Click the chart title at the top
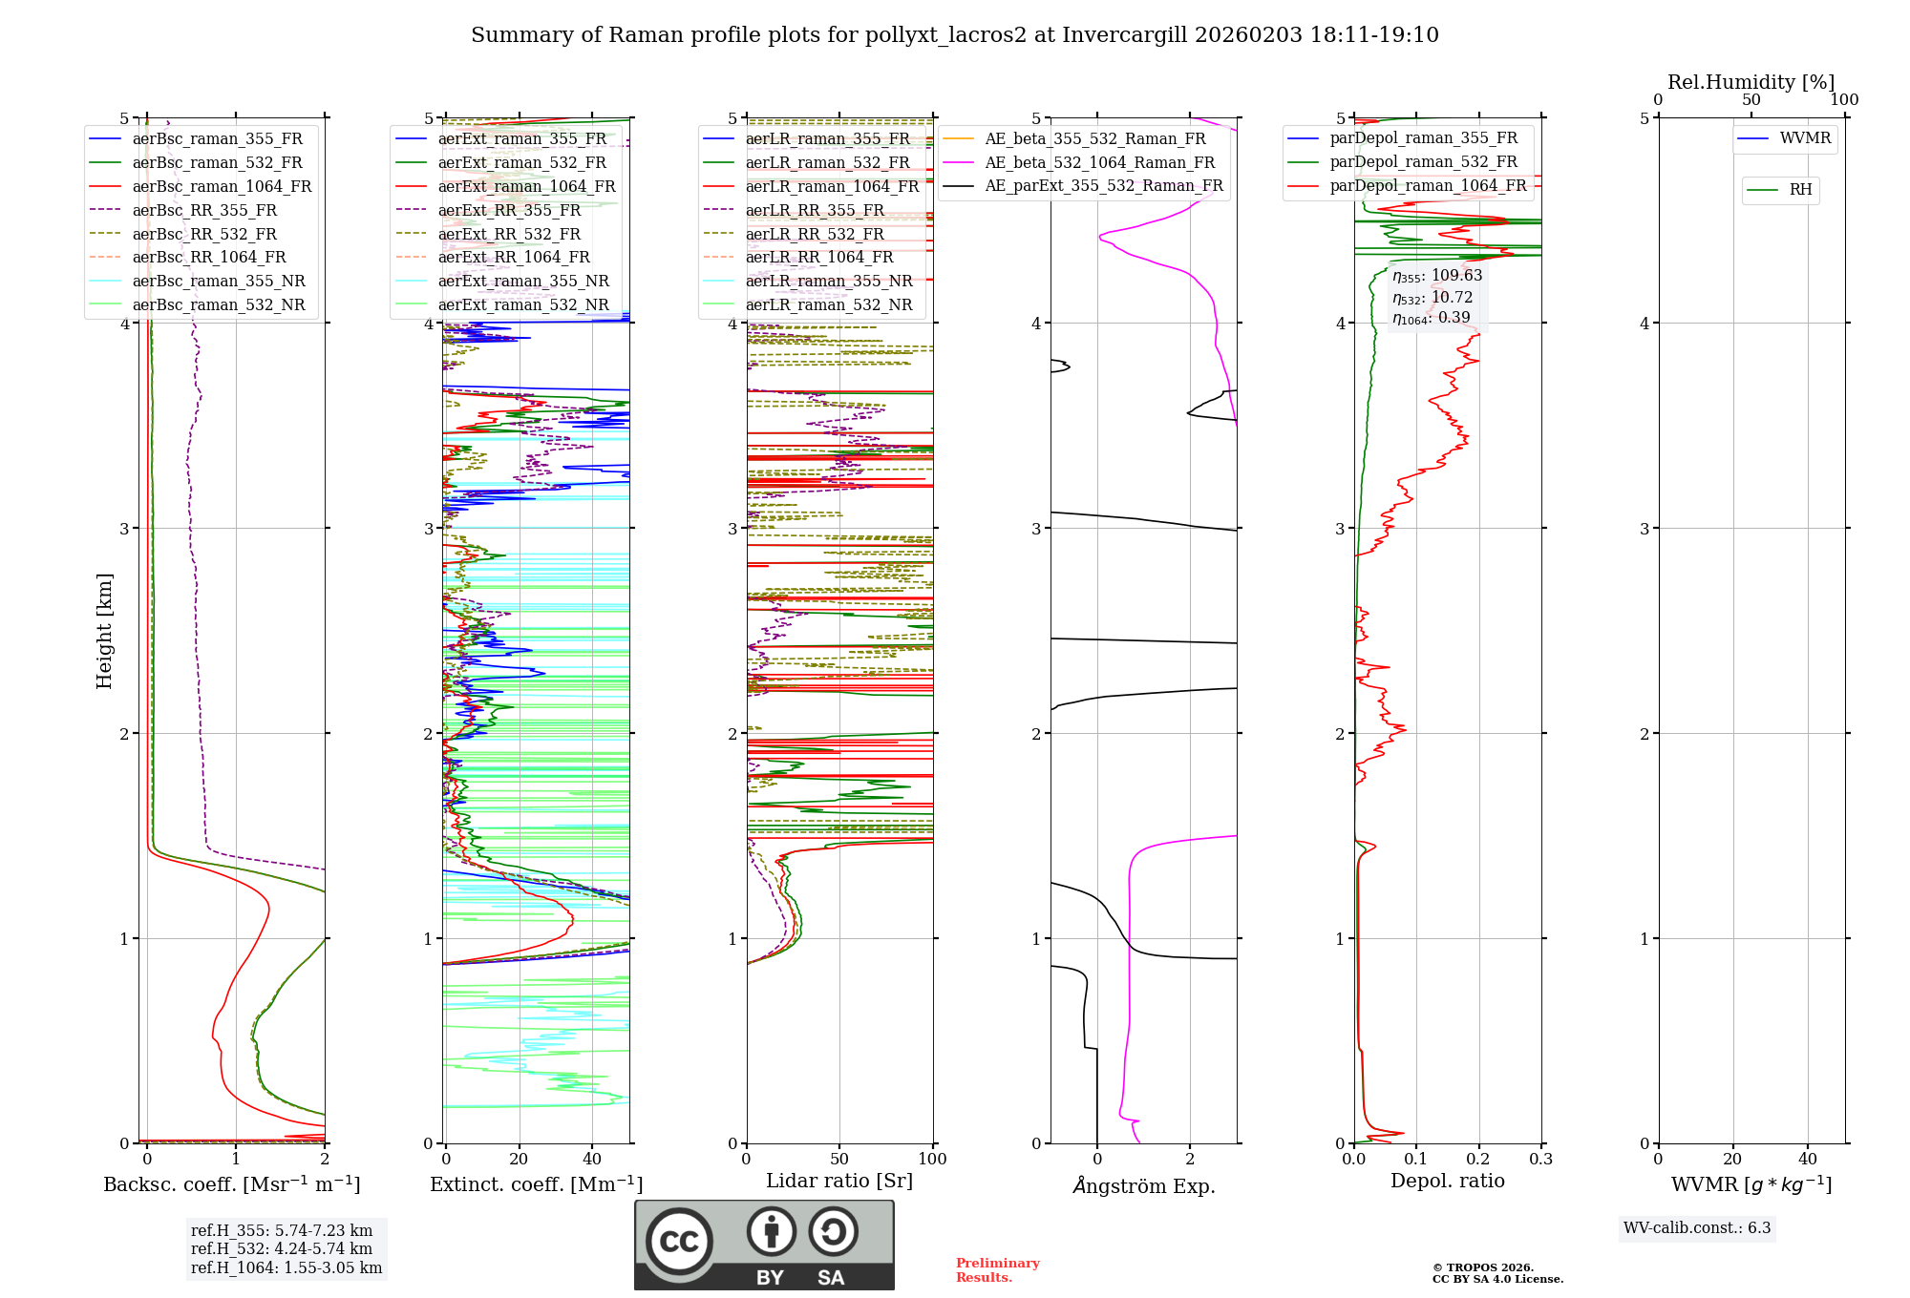point(954,35)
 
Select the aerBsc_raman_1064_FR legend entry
point(222,186)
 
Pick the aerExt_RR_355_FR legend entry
point(509,210)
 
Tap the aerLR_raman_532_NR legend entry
point(828,304)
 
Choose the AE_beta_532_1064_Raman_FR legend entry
point(1099,162)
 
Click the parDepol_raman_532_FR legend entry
point(1423,162)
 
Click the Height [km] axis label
point(104,630)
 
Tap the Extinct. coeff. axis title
point(536,1184)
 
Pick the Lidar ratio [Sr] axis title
point(839,1181)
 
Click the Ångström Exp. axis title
point(1143,1185)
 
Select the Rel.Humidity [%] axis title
point(1751,82)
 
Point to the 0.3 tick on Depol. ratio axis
point(1540,1159)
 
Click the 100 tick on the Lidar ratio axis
point(932,1159)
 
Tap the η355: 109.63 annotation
point(1436,276)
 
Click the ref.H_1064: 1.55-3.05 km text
point(286,1267)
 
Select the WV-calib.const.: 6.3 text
point(1696,1227)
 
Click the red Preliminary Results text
point(997,1269)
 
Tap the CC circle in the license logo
point(679,1241)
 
